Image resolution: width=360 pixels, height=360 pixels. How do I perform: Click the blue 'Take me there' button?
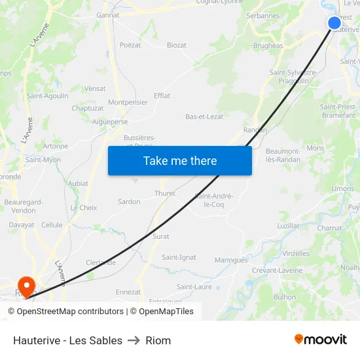click(x=180, y=160)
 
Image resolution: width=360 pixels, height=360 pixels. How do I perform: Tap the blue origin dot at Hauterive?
click(x=334, y=24)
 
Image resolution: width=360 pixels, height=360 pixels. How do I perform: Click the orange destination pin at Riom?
click(x=27, y=286)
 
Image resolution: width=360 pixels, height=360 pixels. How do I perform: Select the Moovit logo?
click(x=320, y=339)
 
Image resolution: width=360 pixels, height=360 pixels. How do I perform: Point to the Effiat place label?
click(x=162, y=96)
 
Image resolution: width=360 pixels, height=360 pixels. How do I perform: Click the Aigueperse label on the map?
click(x=111, y=122)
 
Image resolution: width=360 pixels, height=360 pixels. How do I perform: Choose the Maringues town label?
click(x=231, y=260)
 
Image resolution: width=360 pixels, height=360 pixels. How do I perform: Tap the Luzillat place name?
click(x=288, y=226)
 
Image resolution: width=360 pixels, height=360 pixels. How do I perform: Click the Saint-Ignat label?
click(x=179, y=257)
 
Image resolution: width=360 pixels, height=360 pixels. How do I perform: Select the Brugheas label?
click(x=268, y=46)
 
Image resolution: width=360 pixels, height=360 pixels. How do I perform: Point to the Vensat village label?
click(x=95, y=88)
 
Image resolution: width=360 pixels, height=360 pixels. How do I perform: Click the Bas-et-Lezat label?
click(x=204, y=117)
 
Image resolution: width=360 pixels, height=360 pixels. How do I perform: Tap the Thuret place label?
click(x=165, y=193)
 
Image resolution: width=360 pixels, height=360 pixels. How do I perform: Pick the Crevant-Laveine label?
click(x=278, y=270)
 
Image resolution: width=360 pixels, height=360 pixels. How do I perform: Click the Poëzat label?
click(x=130, y=45)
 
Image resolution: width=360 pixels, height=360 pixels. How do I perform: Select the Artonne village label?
click(x=55, y=146)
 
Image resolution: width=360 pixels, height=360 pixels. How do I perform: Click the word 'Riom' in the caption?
click(x=158, y=340)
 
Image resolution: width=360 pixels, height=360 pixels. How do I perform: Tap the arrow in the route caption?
click(x=134, y=340)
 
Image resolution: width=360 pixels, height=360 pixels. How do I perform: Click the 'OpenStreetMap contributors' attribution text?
click(x=70, y=312)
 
